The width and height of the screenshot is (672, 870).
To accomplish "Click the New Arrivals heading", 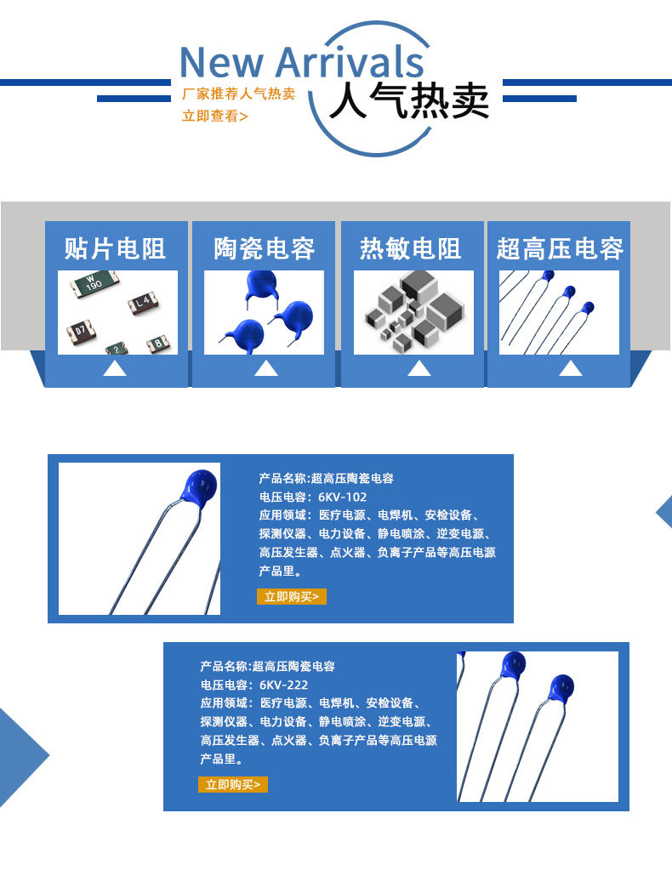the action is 302,61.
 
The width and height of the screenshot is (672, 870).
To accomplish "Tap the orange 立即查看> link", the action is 214,116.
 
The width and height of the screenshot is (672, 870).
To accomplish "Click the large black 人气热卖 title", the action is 409,100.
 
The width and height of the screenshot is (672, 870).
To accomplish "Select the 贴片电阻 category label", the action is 115,248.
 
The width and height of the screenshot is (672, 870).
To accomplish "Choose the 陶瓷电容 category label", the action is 265,248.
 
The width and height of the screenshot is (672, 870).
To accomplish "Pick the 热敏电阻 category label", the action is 410,248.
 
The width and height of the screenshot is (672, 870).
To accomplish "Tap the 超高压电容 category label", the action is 560,248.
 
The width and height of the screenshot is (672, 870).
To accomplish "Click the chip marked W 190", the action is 94,283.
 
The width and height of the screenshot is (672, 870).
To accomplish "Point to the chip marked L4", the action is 143,303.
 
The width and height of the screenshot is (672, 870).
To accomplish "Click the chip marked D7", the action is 81,331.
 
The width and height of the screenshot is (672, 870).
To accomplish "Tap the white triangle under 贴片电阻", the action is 115,368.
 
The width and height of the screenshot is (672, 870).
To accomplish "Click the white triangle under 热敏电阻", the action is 419,368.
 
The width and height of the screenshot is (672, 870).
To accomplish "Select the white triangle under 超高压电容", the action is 571,368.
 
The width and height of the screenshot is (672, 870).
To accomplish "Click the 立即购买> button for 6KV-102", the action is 291,596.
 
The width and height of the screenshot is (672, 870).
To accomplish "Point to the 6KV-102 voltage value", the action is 342,497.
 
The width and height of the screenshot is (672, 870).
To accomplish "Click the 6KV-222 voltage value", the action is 283,685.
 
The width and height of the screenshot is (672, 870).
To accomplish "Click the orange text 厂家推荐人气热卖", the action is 239,94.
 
